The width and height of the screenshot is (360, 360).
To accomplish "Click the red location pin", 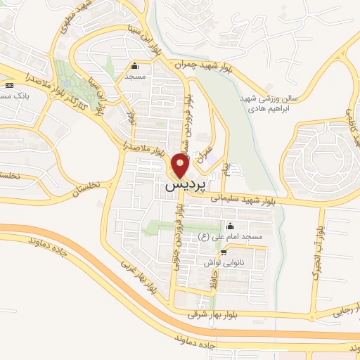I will (180, 166).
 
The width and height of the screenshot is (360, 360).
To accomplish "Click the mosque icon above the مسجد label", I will (134, 66).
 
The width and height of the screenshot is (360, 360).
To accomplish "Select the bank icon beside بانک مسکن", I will (8, 85).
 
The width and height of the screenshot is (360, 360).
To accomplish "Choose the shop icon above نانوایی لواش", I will (224, 252).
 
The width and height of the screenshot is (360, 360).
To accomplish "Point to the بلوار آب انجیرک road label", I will (319, 250).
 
